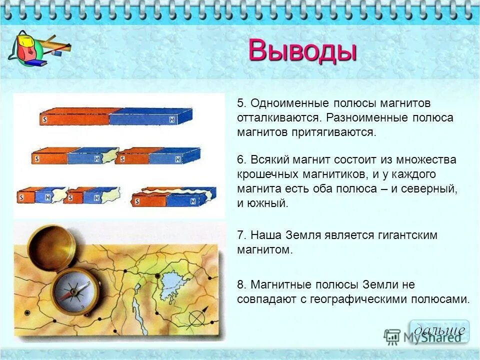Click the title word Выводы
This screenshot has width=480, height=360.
point(302,51)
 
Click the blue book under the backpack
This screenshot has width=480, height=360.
point(35,63)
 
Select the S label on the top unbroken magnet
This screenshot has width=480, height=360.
point(45,119)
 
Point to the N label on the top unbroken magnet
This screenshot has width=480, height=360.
point(172,119)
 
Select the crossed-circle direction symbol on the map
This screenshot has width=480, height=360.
point(198,317)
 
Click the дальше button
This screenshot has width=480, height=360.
point(439,330)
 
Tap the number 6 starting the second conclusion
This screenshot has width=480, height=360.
point(240,160)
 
